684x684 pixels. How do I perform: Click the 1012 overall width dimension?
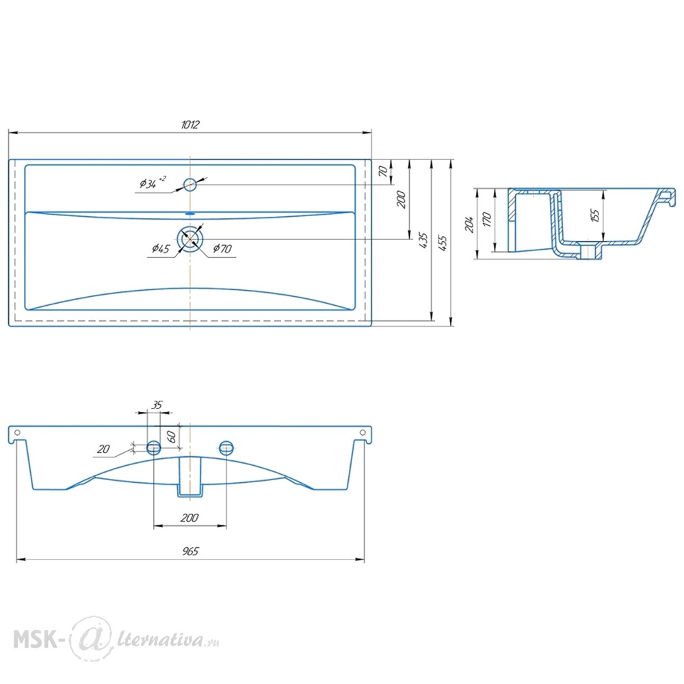click(190, 124)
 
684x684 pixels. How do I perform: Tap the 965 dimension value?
click(190, 552)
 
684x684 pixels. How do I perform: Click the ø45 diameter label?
click(161, 248)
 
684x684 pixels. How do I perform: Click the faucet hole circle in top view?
click(190, 184)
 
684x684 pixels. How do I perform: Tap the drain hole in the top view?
click(190, 239)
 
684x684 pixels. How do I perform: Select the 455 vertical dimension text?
click(443, 242)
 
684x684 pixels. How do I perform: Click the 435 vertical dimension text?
click(423, 240)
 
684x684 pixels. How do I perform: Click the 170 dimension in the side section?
click(486, 221)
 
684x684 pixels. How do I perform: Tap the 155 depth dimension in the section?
click(595, 215)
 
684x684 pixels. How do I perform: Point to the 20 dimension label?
click(103, 449)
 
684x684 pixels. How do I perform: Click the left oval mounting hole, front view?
click(154, 447)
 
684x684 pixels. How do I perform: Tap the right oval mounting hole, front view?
click(226, 447)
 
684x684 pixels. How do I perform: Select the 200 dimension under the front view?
click(190, 518)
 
